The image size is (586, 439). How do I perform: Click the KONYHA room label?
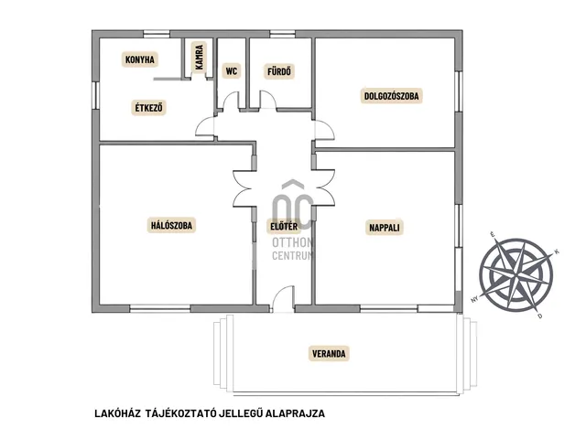point(140,59)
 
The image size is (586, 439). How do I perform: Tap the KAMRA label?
point(200,57)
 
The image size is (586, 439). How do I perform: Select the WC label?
point(232,71)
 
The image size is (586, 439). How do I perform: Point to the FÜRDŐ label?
point(279,71)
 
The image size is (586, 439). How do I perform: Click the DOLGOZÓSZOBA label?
point(391,96)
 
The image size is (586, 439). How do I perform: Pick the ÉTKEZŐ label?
point(148,108)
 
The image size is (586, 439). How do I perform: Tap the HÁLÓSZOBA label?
point(171,226)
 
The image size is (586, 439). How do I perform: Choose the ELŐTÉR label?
point(284,226)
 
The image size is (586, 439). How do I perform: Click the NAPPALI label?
point(385,228)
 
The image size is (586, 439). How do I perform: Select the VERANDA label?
point(329,354)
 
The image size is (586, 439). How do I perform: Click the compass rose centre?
point(516,275)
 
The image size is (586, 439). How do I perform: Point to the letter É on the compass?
point(493,234)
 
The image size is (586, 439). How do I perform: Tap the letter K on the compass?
point(557,252)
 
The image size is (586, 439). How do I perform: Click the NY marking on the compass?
point(474,299)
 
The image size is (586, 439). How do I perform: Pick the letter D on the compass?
point(539,316)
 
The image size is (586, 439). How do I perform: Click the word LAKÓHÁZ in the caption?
point(118,413)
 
